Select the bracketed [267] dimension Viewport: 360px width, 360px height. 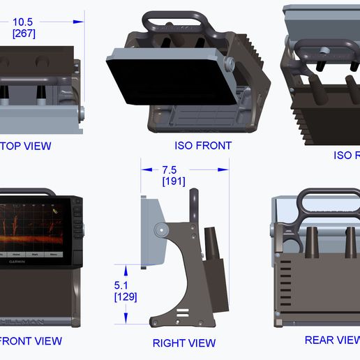click(24, 33)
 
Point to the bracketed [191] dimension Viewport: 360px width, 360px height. click(174, 181)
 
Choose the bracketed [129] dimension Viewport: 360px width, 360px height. click(126, 297)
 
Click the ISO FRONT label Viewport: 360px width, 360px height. click(203, 146)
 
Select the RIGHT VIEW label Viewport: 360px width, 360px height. click(184, 343)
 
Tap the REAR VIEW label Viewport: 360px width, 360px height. click(331, 340)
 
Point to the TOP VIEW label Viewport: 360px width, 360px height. click(26, 146)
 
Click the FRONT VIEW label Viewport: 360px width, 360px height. click(31, 341)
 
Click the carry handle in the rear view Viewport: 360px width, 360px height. click(327, 203)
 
